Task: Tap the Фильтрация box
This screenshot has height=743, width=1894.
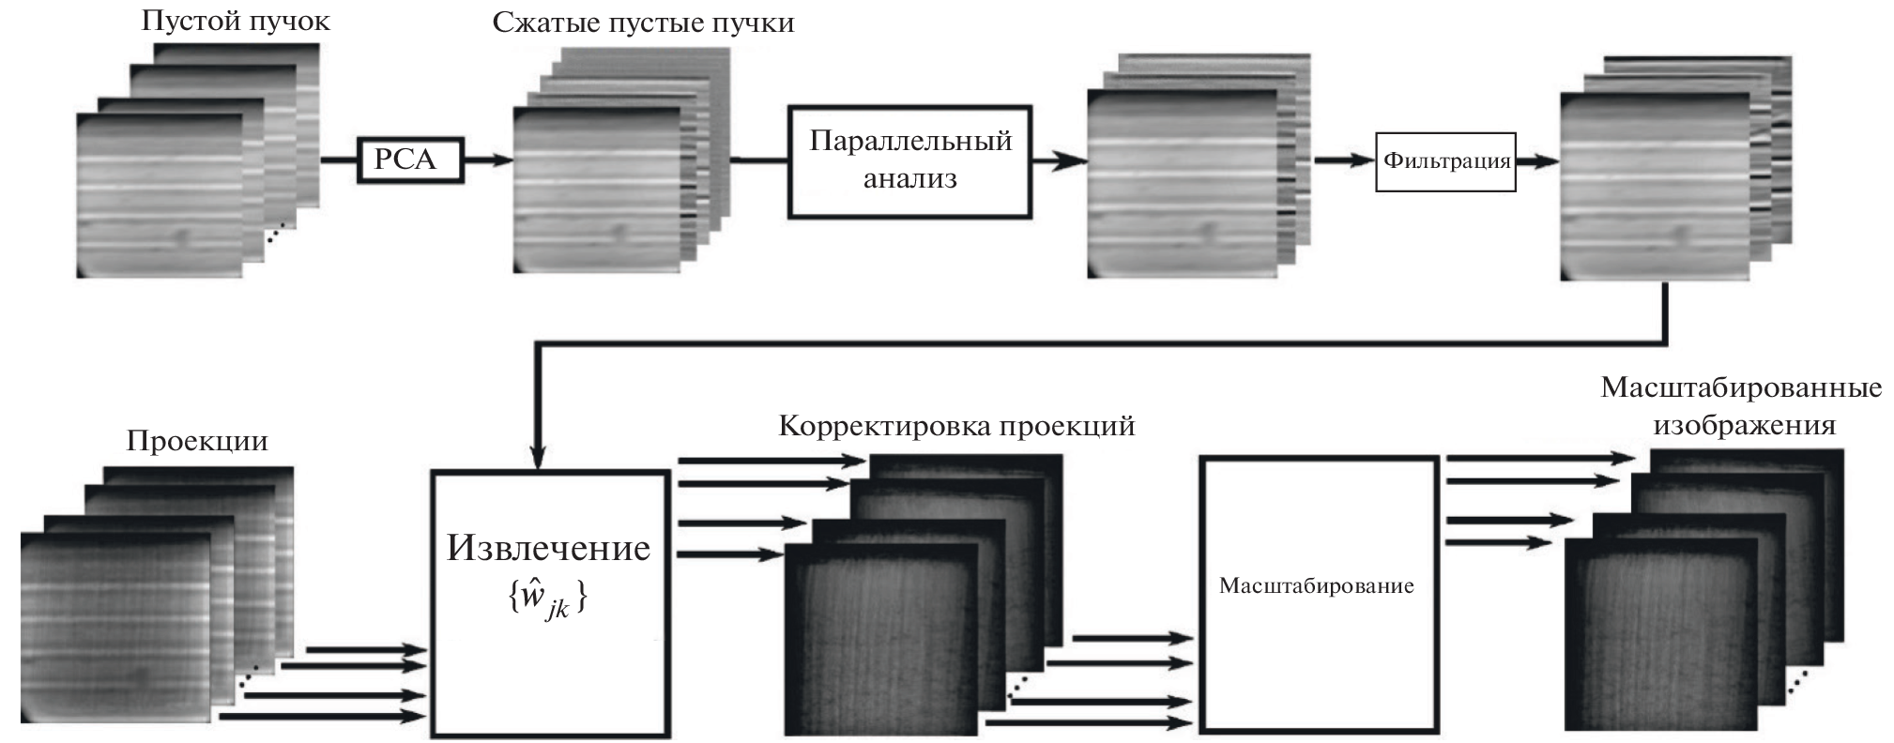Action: (x=1445, y=161)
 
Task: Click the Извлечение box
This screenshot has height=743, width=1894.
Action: (x=549, y=604)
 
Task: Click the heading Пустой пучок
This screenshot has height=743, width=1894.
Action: (x=236, y=21)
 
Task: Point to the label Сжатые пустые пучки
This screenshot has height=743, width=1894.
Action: (x=643, y=22)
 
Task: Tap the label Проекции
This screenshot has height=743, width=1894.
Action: (x=197, y=440)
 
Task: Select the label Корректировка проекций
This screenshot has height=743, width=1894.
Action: (x=956, y=426)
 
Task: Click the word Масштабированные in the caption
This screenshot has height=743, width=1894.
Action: (x=1741, y=387)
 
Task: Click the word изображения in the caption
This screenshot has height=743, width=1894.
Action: (x=1744, y=425)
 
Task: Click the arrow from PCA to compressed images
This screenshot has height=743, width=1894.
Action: (x=488, y=160)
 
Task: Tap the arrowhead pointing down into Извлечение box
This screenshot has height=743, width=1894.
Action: (x=538, y=457)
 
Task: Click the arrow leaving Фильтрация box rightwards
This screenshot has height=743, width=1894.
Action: (x=1537, y=161)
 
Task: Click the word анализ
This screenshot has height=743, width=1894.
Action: (x=909, y=178)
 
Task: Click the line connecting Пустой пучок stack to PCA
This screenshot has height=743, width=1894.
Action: (x=340, y=160)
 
